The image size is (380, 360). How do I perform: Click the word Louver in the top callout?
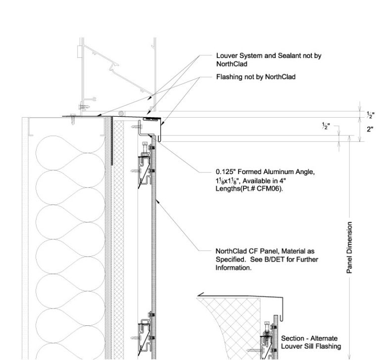pyautogui.click(x=227, y=56)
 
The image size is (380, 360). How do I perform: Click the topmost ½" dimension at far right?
pyautogui.click(x=370, y=115)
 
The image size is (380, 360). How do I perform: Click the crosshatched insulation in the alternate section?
pyautogui.click(x=233, y=316)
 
